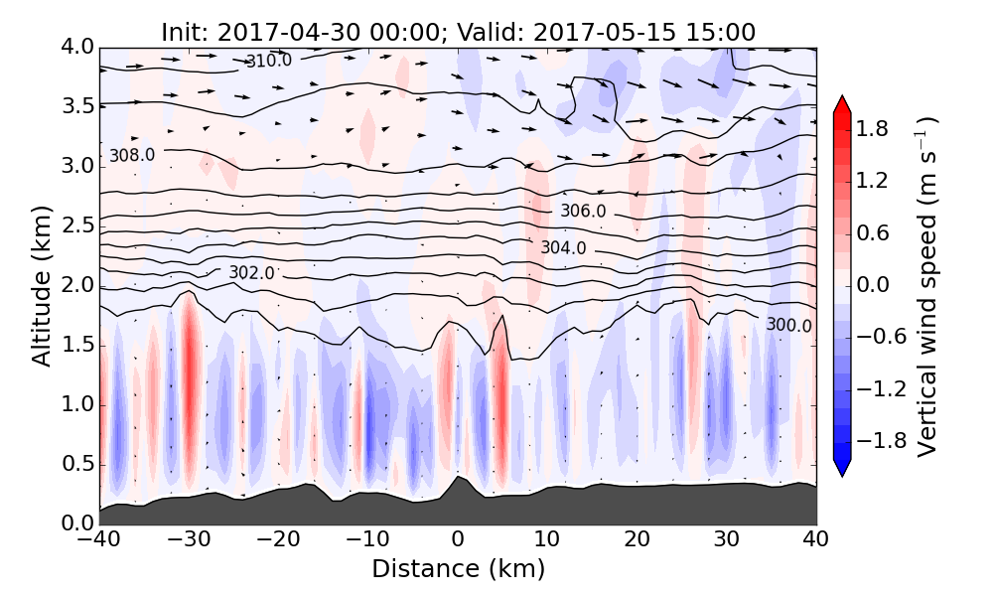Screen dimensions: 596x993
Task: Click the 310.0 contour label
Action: click(269, 62)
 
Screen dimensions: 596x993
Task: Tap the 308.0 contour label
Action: click(132, 156)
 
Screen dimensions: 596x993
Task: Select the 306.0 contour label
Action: click(583, 212)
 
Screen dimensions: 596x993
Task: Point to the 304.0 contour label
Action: click(563, 247)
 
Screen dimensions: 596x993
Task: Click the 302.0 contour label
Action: click(251, 273)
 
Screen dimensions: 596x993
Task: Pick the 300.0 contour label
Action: click(789, 326)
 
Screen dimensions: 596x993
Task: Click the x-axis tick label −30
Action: click(189, 540)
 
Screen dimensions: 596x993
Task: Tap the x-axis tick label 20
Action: click(637, 540)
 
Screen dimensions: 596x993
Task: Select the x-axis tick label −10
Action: click(367, 540)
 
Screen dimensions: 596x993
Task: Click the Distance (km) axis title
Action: click(458, 569)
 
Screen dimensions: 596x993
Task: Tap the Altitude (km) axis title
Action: click(42, 286)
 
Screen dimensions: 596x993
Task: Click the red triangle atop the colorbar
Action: click(841, 104)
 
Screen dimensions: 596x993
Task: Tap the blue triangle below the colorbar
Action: click(841, 468)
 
